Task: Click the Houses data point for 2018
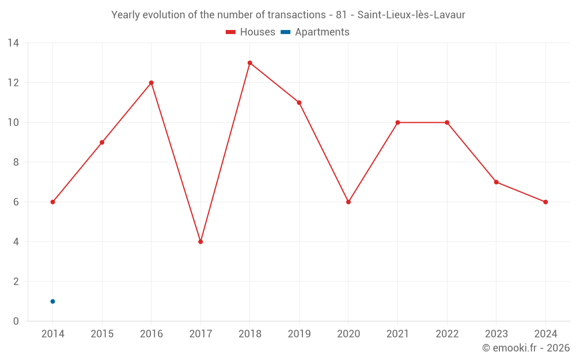pyautogui.click(x=250, y=63)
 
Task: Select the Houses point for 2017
pyautogui.click(x=200, y=242)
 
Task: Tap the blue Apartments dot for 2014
pyautogui.click(x=52, y=301)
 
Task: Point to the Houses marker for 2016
pyautogui.click(x=151, y=83)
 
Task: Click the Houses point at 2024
pyautogui.click(x=545, y=202)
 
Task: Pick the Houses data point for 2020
pyautogui.click(x=348, y=202)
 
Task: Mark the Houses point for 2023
pyautogui.click(x=496, y=182)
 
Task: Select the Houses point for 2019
pyautogui.click(x=299, y=103)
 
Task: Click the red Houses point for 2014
pyautogui.click(x=52, y=202)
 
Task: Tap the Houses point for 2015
pyautogui.click(x=102, y=142)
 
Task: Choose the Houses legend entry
pyautogui.click(x=251, y=32)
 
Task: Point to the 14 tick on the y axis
pyautogui.click(x=13, y=43)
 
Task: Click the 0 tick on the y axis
pyautogui.click(x=16, y=321)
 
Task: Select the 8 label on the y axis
pyautogui.click(x=16, y=162)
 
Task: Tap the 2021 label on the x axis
pyautogui.click(x=397, y=334)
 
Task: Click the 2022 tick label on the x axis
pyautogui.click(x=447, y=334)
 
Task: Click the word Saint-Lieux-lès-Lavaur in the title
pyautogui.click(x=411, y=15)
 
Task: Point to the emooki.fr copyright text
pyautogui.click(x=526, y=348)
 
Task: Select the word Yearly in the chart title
pyautogui.click(x=126, y=15)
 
